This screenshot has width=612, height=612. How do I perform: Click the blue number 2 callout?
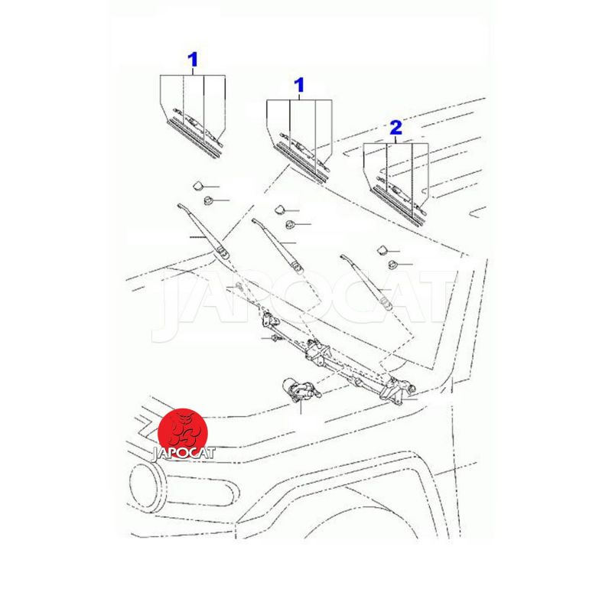tap(396, 128)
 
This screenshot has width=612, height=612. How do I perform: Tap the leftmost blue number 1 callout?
tap(193, 60)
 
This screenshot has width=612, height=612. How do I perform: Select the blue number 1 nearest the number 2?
tap(299, 85)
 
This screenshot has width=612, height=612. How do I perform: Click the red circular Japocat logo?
tap(183, 433)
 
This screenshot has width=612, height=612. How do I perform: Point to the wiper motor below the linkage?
tap(301, 390)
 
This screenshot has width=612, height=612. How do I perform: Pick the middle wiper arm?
tap(278, 245)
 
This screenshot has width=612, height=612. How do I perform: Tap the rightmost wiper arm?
tap(366, 282)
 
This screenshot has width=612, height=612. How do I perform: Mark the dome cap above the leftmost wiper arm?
tap(199, 185)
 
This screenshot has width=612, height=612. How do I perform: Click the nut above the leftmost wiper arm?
tap(208, 201)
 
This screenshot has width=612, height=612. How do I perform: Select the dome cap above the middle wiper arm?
tap(280, 210)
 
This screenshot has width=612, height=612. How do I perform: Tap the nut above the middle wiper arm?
tap(290, 224)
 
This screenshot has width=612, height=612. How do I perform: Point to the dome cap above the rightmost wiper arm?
tap(381, 250)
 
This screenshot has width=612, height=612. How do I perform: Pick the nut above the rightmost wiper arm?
tap(392, 265)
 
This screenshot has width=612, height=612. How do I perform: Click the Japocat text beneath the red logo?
tap(183, 454)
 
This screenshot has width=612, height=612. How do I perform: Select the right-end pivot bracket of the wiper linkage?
tap(396, 390)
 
